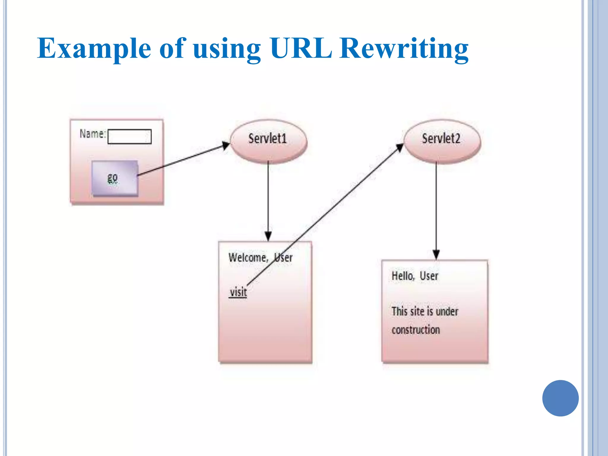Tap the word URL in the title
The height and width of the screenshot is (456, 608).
[301, 48]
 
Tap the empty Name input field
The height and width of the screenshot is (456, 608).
[129, 137]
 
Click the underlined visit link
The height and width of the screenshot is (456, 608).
[238, 292]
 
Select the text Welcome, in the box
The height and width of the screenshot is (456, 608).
[248, 257]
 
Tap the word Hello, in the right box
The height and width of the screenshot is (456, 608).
[403, 276]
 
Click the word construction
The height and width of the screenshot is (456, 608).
[416, 330]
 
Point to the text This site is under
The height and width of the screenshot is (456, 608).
[425, 311]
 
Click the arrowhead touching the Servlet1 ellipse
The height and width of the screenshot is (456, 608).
[226, 145]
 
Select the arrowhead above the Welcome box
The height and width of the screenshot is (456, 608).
[268, 236]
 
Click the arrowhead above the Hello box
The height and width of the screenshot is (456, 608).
[436, 255]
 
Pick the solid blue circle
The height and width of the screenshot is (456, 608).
[560, 398]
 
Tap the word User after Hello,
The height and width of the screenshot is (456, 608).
[429, 276]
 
